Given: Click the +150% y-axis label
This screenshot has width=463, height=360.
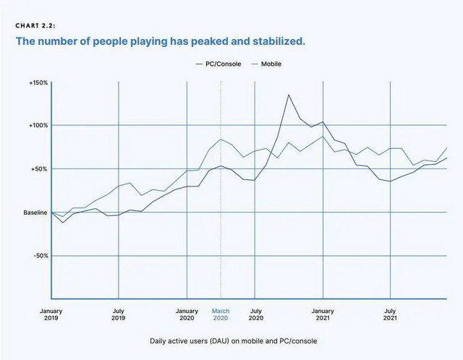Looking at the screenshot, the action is point(38,83).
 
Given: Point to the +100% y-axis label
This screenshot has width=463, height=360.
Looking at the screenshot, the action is point(38,125).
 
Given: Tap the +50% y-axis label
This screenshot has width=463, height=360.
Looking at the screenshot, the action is point(39,169).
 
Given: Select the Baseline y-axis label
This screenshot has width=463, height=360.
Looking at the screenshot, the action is point(35,213).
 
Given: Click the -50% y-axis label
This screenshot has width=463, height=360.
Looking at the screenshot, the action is point(41,256).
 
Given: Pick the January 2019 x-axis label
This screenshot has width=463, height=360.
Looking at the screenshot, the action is point(51,314).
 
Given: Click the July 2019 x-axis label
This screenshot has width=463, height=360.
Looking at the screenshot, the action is point(119,314).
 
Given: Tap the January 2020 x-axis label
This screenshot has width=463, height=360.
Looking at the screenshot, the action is point(187,314).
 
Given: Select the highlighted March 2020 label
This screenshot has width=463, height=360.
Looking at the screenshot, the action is point(221,314).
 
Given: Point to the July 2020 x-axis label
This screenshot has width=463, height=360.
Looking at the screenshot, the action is point(255,314).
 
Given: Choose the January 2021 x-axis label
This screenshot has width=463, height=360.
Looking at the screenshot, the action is point(323,314).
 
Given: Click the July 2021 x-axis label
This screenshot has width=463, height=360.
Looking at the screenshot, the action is point(390,314).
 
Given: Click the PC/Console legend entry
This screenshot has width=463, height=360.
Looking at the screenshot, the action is point(218,64).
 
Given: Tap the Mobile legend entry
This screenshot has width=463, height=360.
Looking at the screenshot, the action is point(266,64).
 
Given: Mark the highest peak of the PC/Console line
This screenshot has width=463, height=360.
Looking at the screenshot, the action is point(289,95).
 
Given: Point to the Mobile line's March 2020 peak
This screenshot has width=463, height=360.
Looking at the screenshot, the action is point(221,140).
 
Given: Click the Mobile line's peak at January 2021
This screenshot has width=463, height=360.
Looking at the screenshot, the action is point(323,137).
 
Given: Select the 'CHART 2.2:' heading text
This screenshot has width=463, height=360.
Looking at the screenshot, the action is point(35,26).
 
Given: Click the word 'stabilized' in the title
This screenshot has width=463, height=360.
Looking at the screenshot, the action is point(278,41).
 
